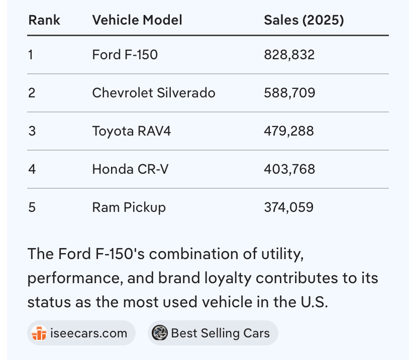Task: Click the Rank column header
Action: point(44,20)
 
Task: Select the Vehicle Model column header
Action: point(137,20)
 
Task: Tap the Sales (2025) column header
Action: point(304,20)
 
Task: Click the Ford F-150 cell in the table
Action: point(125,55)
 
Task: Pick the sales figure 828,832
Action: point(289,55)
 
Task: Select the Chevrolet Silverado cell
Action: point(154,93)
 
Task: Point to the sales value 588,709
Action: point(289,93)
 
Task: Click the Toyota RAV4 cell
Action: point(132,131)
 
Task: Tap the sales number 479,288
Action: point(289,131)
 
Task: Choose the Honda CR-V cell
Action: point(130,169)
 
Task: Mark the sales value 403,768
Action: point(289,169)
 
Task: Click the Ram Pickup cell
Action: point(129,207)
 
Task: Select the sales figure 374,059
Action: point(289,207)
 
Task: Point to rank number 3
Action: point(32,131)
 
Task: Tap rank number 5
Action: point(32,207)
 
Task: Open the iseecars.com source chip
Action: point(81,333)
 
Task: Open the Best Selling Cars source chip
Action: point(213,333)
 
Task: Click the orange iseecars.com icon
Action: point(39,333)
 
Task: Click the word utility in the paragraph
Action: point(282,255)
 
